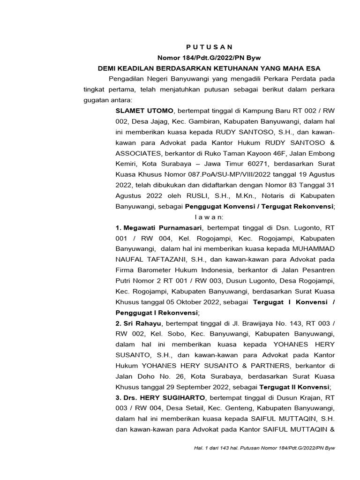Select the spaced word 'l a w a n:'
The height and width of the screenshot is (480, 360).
point(209,217)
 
